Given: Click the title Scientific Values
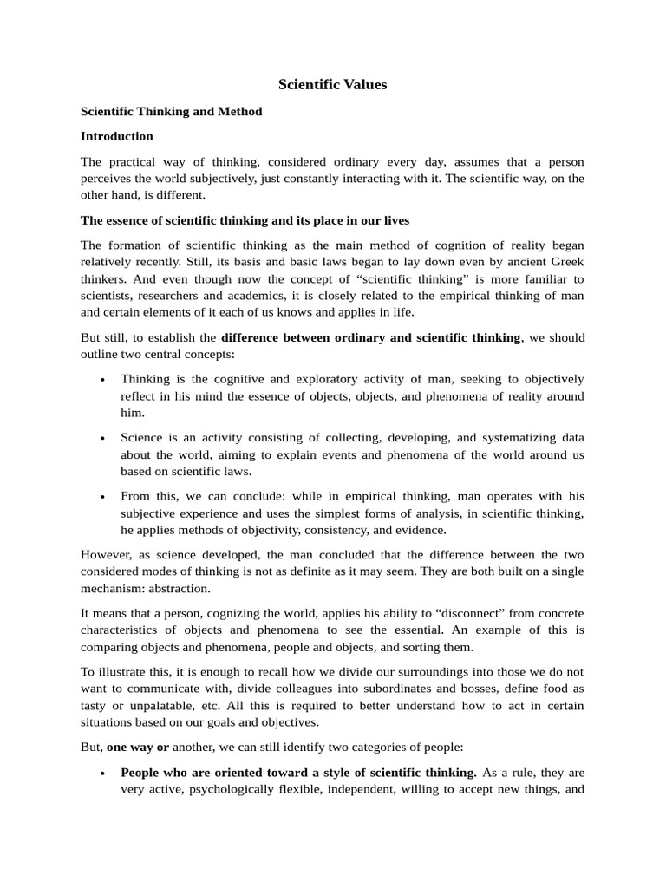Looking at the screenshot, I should (332, 84).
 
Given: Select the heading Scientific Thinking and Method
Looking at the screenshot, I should (171, 112).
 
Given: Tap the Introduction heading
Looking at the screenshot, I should (117, 136).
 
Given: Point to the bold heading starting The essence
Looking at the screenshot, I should (245, 220).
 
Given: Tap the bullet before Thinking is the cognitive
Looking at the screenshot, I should (103, 380).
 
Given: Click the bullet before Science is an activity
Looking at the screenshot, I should (103, 438).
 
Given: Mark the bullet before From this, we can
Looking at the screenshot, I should (103, 496).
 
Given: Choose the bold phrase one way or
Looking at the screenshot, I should (138, 747).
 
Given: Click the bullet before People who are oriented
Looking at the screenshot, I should (103, 772).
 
